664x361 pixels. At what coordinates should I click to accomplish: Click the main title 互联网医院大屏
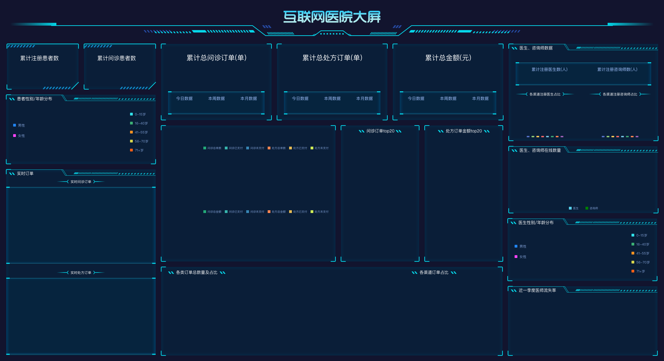(x=332, y=17)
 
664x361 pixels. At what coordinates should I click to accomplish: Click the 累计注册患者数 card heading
(x=39, y=58)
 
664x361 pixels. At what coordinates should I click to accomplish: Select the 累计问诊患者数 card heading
(x=117, y=58)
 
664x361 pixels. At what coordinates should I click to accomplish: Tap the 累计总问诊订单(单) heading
(x=216, y=58)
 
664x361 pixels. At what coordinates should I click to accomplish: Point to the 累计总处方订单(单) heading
(x=332, y=58)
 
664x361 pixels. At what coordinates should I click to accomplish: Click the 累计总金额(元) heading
(x=448, y=58)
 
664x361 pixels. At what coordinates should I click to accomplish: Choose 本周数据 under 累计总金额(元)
(x=448, y=99)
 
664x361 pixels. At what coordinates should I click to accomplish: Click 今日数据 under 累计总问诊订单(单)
(x=184, y=99)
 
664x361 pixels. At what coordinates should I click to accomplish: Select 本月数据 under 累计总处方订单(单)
(x=365, y=99)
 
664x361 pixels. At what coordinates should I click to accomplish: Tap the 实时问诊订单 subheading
(x=81, y=182)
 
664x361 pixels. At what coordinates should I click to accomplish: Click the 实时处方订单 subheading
(x=81, y=273)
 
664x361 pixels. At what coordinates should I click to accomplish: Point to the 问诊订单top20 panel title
(x=380, y=131)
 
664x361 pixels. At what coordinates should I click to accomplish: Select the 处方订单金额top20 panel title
(x=464, y=131)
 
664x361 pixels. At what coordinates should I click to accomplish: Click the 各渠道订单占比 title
(x=434, y=272)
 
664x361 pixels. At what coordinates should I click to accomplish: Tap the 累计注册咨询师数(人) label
(x=617, y=70)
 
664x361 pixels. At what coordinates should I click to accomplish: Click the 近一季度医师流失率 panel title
(x=537, y=290)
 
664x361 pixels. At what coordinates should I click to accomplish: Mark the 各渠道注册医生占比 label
(x=545, y=94)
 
